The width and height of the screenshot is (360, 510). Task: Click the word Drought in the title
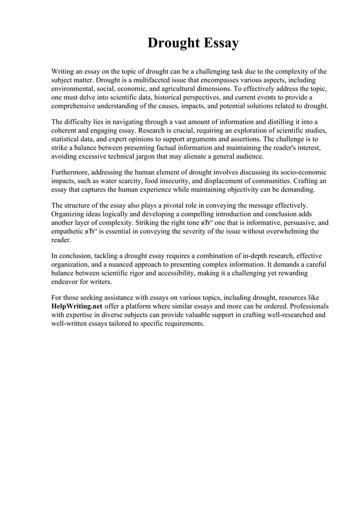(169, 43)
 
